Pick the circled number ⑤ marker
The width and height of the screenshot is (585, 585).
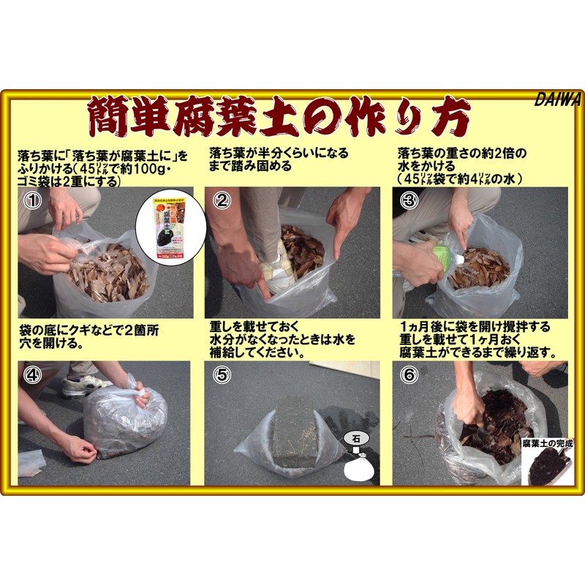[220, 375]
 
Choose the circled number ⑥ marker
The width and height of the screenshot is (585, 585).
[409, 375]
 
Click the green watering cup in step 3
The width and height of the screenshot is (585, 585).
[440, 256]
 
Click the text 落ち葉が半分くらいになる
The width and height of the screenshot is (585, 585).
[279, 154]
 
